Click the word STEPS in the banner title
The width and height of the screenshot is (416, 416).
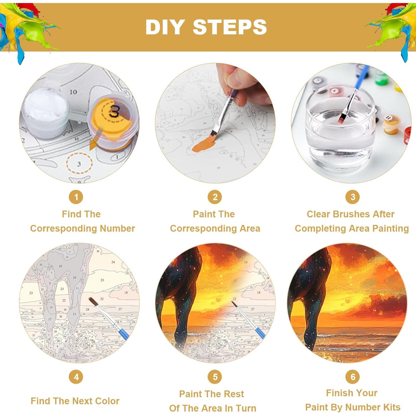[x=230, y=27]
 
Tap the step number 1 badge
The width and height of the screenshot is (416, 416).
[x=76, y=197]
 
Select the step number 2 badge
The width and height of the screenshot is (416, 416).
[x=215, y=197]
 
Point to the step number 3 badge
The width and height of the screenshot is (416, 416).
[x=352, y=197]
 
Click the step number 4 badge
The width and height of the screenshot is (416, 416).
[x=76, y=377]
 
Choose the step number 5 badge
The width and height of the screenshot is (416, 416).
[x=215, y=377]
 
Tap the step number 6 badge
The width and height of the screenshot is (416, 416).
[x=352, y=377]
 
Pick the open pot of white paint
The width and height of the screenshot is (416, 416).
[x=46, y=110]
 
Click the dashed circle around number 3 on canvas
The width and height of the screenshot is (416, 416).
[x=79, y=164]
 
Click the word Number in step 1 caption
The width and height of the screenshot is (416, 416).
[x=117, y=229]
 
